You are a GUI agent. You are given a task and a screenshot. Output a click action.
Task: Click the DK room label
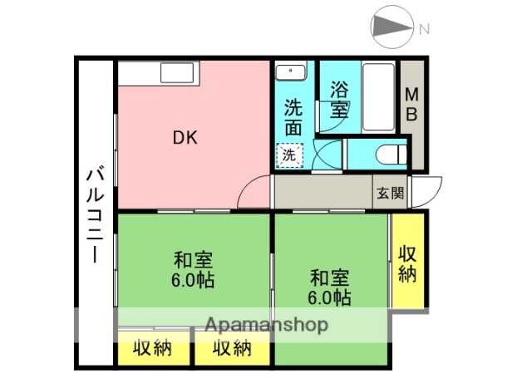coord(185,139)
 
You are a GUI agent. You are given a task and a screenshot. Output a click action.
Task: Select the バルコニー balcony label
coord(95,214)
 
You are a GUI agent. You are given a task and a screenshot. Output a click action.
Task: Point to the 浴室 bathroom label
coord(338,99)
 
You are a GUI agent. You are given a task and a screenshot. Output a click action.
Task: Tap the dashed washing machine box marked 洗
coord(289,154)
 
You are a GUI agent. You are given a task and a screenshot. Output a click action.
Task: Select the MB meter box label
coord(411,103)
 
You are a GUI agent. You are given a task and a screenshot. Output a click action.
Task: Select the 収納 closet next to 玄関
coord(407,263)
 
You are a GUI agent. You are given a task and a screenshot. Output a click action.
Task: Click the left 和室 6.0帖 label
coord(194,268)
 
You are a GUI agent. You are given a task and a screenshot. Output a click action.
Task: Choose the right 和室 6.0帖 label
coord(330,287)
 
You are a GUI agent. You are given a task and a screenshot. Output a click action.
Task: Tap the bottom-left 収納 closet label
coord(151,348)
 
